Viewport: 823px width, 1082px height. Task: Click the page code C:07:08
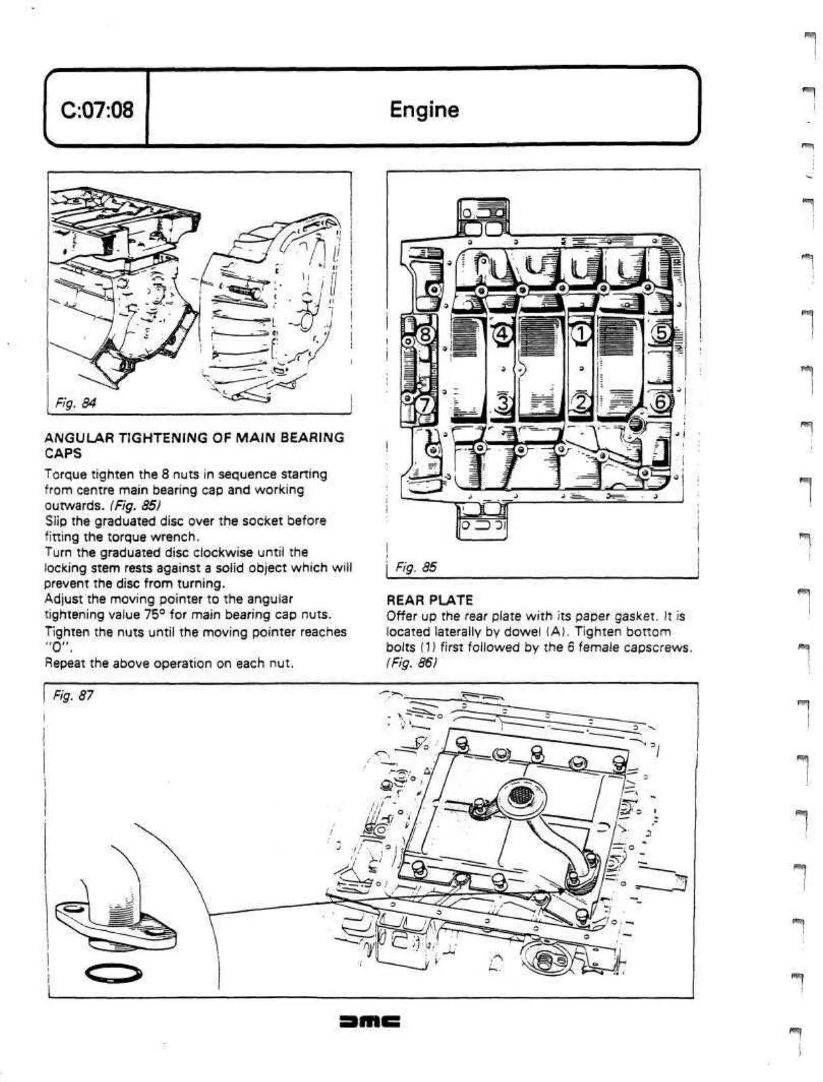[97, 110]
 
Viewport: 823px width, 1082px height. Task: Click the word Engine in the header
[424, 110]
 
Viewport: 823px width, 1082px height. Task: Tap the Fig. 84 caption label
[75, 404]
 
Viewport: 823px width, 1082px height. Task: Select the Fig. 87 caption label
[73, 696]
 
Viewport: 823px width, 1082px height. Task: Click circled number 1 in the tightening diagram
[582, 333]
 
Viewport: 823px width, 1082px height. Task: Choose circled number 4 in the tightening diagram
[502, 333]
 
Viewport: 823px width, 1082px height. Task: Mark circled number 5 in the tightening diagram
[661, 333]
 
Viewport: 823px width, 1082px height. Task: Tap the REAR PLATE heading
[429, 600]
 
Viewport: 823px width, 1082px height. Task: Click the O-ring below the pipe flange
[113, 974]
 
